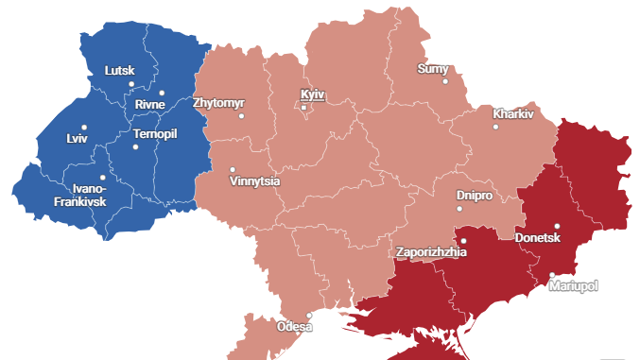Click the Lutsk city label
tap(120, 71)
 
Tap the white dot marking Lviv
tap(84, 127)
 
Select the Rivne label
tap(149, 104)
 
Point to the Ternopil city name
tap(155, 133)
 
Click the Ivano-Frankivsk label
tap(80, 195)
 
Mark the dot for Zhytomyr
tap(241, 116)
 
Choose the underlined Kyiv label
tap(312, 94)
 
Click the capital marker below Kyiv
tap(303, 108)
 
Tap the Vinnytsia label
tap(254, 181)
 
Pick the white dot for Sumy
tap(445, 81)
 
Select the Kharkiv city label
tap(513, 113)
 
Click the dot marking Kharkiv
tap(495, 127)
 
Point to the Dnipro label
tap(474, 195)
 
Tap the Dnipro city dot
tap(459, 209)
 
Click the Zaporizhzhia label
tap(430, 252)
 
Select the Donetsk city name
tap(538, 238)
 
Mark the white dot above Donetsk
tap(557, 226)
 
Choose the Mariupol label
tap(574, 285)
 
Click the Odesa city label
tap(294, 327)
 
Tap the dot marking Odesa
tap(308, 316)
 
